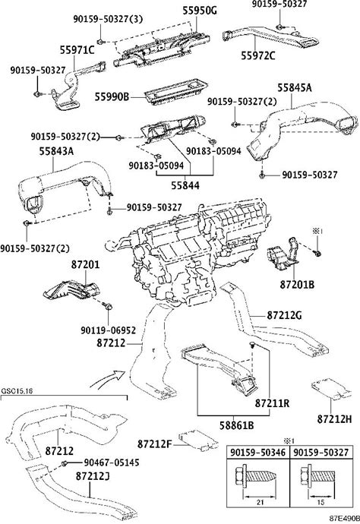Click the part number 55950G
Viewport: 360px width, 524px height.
click(199, 11)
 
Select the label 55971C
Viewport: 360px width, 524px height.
click(77, 50)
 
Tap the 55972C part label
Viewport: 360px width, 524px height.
click(258, 55)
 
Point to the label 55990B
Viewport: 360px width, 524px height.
click(112, 97)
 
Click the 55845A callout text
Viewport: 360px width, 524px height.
click(295, 88)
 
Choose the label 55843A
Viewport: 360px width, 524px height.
click(56, 151)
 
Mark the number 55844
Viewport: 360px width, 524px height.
click(185, 185)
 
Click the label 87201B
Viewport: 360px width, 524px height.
click(297, 284)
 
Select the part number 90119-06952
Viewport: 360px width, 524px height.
click(109, 330)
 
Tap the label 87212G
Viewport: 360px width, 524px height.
click(284, 315)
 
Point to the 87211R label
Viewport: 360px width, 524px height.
click(272, 403)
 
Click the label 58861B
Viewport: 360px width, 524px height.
click(237, 425)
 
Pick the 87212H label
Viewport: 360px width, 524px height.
click(335, 418)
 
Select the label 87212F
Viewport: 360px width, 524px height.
click(154, 444)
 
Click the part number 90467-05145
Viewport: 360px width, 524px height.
click(112, 462)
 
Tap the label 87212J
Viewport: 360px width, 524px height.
click(93, 476)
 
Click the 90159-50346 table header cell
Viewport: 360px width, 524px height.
click(258, 453)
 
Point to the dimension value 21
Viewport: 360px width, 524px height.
click(261, 502)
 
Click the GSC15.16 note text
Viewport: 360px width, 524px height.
click(17, 391)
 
